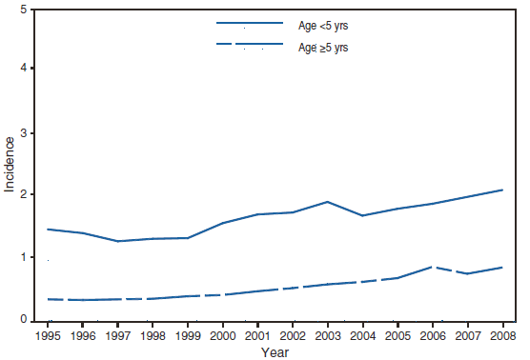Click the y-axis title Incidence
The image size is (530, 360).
[10, 164]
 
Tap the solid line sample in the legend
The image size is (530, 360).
[251, 23]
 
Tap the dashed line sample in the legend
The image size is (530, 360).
[251, 45]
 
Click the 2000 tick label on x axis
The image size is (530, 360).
[222, 334]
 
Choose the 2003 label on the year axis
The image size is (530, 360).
[327, 334]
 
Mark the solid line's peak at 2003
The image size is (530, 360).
[327, 202]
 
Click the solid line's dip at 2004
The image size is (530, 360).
[362, 215]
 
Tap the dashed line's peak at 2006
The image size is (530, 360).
[432, 267]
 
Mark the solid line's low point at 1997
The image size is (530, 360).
[117, 241]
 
